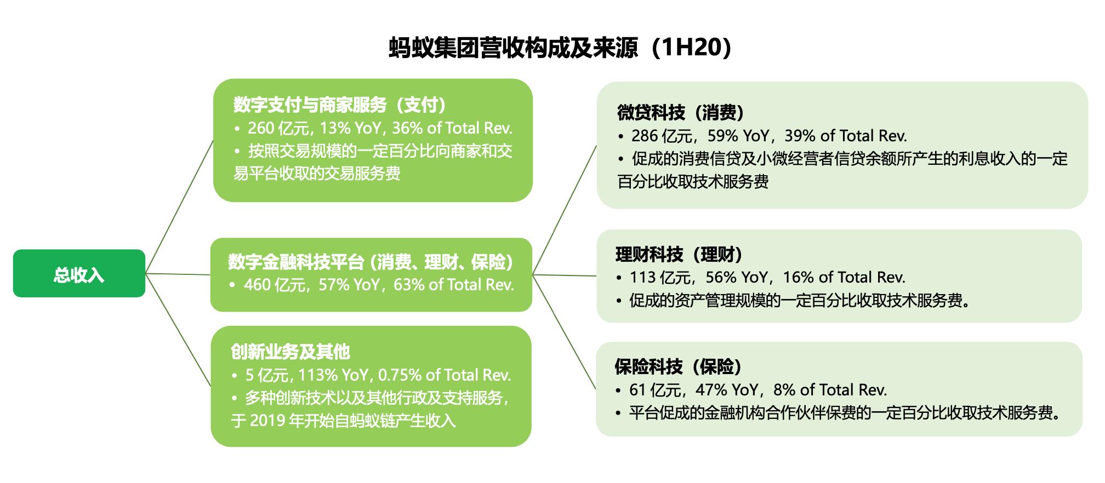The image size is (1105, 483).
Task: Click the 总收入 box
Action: (79, 273)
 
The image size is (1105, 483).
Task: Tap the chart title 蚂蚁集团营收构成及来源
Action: (514, 48)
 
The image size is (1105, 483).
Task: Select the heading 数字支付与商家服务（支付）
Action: (340, 105)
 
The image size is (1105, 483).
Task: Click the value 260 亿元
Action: (278, 128)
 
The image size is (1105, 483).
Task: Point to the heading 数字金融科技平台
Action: (297, 262)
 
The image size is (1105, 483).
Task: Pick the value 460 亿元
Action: (275, 285)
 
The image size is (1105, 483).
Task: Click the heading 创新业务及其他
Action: (290, 352)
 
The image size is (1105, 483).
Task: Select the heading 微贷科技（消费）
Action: (681, 113)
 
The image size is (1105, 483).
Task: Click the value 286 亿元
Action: (662, 136)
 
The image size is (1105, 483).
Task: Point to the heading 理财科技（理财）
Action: (679, 255)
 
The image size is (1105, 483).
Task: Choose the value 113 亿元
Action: (660, 278)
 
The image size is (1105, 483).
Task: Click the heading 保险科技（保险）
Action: (679, 367)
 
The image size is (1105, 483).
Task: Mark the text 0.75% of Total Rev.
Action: (445, 375)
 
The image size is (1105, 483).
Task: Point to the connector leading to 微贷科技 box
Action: (565, 210)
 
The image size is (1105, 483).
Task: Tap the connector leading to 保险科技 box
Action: (564, 331)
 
